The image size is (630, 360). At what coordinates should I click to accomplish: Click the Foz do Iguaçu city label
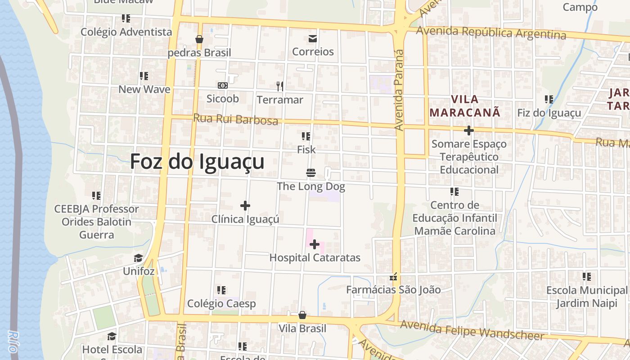pos(197,162)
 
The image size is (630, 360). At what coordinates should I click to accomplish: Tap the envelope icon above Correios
pos(313,39)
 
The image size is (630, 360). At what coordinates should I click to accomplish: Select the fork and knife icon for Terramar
pos(280,86)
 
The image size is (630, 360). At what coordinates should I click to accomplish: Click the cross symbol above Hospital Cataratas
pos(315,245)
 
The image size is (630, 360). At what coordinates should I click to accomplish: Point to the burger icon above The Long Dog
pos(310,173)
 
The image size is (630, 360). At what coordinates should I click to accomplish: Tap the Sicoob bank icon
pos(222,85)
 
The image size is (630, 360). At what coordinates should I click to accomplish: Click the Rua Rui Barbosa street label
pos(235,119)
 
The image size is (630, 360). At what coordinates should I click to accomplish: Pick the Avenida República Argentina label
pos(491,33)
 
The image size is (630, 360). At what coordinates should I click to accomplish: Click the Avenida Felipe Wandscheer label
pos(472,330)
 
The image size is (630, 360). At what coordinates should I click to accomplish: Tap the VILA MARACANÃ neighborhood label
pos(465,106)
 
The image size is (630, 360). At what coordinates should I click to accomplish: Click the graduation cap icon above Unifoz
pos(138,258)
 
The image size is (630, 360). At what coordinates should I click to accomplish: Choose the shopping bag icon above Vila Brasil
pos(302,315)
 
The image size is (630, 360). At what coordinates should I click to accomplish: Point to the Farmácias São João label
pos(393,290)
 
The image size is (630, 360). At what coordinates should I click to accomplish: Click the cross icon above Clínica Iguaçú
pos(245,206)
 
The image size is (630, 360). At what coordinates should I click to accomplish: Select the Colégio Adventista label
pos(126,32)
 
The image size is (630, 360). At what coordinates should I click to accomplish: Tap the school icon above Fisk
pos(306,136)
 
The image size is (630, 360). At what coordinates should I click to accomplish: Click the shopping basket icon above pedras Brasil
pos(199,40)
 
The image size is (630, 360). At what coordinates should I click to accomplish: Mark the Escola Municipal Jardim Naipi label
pos(586,297)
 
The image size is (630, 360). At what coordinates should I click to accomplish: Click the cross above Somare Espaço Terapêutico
pos(469,130)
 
